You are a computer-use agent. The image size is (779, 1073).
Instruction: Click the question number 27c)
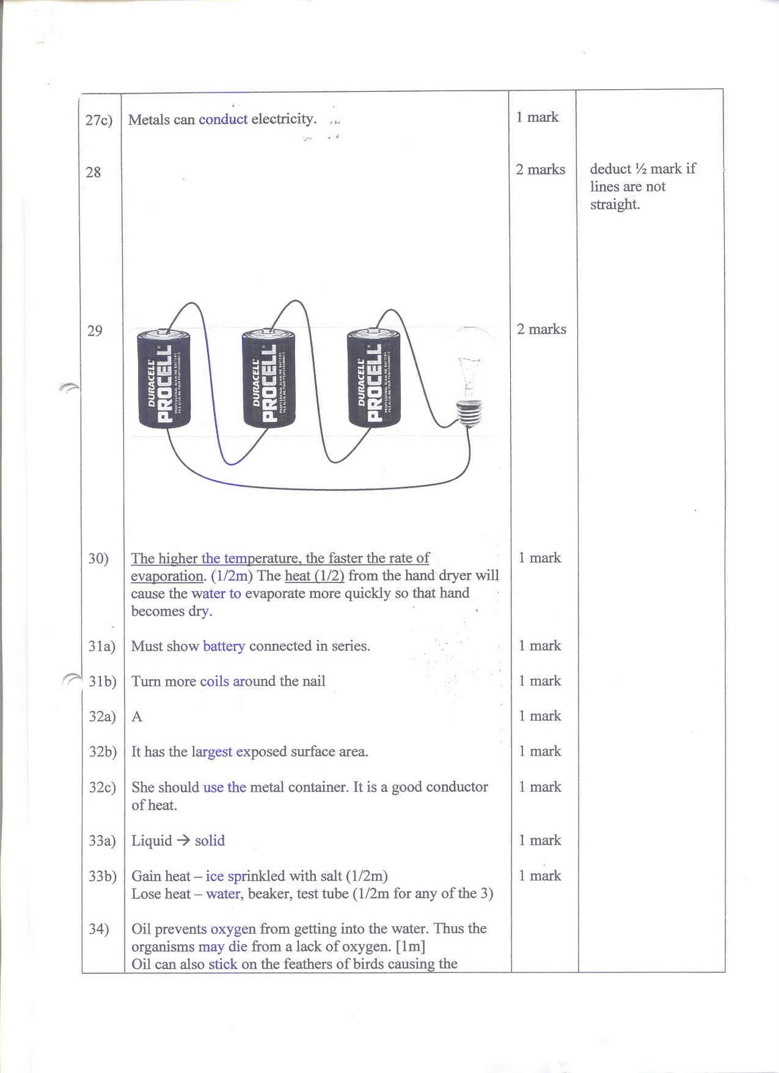click(99, 120)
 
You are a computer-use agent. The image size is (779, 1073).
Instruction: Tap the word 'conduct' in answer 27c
click(223, 119)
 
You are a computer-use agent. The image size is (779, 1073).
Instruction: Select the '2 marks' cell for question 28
click(540, 170)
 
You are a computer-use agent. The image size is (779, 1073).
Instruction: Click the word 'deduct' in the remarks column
click(610, 169)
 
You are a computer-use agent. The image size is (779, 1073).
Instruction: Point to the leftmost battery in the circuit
click(164, 379)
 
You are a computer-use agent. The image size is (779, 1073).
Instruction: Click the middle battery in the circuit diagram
click(268, 379)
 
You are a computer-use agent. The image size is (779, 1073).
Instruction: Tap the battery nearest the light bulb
click(373, 379)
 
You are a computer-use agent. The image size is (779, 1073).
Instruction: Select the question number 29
click(95, 331)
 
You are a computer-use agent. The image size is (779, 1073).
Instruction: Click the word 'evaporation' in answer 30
click(166, 576)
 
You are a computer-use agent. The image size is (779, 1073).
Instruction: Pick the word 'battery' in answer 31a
click(224, 646)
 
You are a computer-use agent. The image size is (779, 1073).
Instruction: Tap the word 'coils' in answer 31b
click(215, 681)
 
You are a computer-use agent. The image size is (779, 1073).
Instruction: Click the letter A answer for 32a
click(137, 717)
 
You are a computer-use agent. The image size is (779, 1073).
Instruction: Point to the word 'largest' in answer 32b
click(212, 752)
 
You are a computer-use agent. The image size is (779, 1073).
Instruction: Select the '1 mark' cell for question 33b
click(540, 876)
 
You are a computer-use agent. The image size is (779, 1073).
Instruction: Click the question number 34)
click(99, 929)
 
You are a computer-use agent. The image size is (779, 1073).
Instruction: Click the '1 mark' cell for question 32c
click(540, 787)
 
